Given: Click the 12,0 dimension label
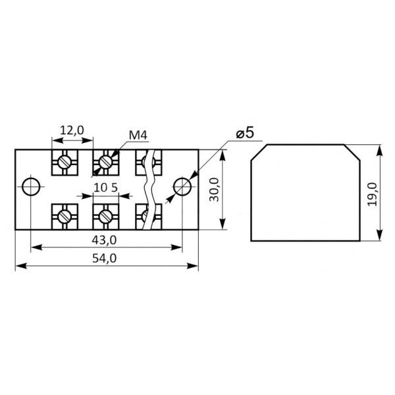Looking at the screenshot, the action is click(x=72, y=130).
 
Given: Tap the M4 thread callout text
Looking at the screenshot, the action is click(x=138, y=136).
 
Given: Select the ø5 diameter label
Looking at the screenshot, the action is click(x=245, y=133).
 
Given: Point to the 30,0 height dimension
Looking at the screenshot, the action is click(x=215, y=190).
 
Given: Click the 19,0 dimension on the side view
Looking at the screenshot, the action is click(x=373, y=194).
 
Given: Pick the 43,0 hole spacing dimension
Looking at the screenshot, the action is click(x=104, y=240).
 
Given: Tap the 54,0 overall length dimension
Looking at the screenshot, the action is click(x=104, y=259).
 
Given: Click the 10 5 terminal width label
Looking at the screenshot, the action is click(x=105, y=188).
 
